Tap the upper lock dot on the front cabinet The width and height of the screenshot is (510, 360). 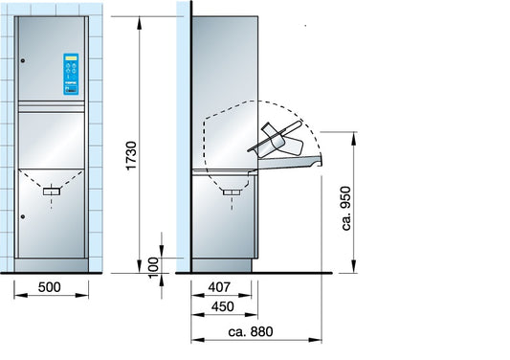click(x=25, y=62)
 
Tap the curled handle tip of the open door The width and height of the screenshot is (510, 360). click(x=318, y=165)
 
